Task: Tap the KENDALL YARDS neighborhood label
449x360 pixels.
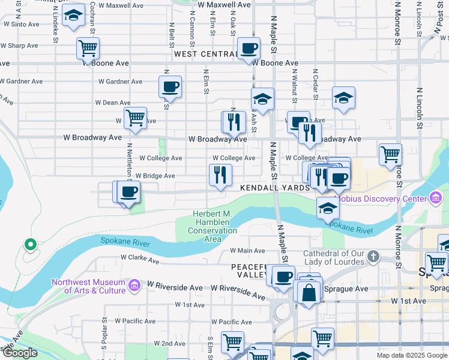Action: click(275, 188)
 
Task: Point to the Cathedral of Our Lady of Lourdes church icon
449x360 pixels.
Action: click(373, 257)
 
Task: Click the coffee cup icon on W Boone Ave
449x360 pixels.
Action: click(249, 48)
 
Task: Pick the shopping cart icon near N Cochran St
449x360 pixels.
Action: click(88, 47)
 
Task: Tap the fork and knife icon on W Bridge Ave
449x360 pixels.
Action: click(220, 175)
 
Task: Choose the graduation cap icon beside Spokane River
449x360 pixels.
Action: click(328, 208)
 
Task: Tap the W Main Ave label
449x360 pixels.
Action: click(247, 251)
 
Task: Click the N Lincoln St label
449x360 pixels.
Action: click(420, 113)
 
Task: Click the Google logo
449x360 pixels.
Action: click(20, 353)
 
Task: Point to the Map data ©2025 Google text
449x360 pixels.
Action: click(411, 355)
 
